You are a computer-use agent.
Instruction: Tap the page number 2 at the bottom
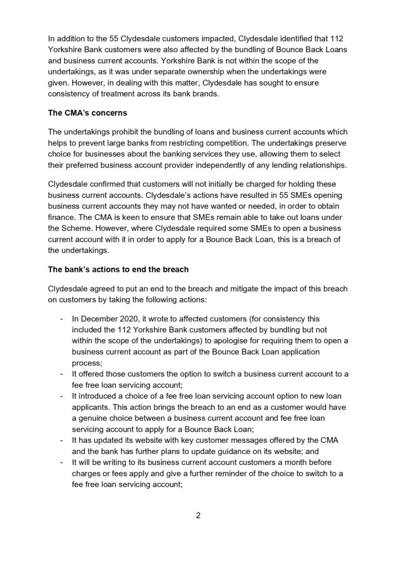(198, 515)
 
